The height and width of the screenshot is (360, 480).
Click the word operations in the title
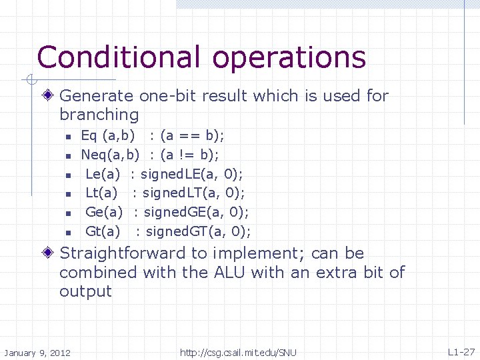coord(289,59)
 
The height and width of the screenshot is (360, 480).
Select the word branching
coord(99,115)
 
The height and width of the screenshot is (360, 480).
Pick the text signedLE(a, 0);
coord(192,175)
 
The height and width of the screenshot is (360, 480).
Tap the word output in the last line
coord(85,292)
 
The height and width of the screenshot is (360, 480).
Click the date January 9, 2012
coord(38,352)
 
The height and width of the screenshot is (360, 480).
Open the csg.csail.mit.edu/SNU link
coord(238,352)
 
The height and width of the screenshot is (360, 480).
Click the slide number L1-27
coord(461,351)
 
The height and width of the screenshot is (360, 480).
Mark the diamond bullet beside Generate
coord(51,96)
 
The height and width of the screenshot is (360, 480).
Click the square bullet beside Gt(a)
coord(68,233)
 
